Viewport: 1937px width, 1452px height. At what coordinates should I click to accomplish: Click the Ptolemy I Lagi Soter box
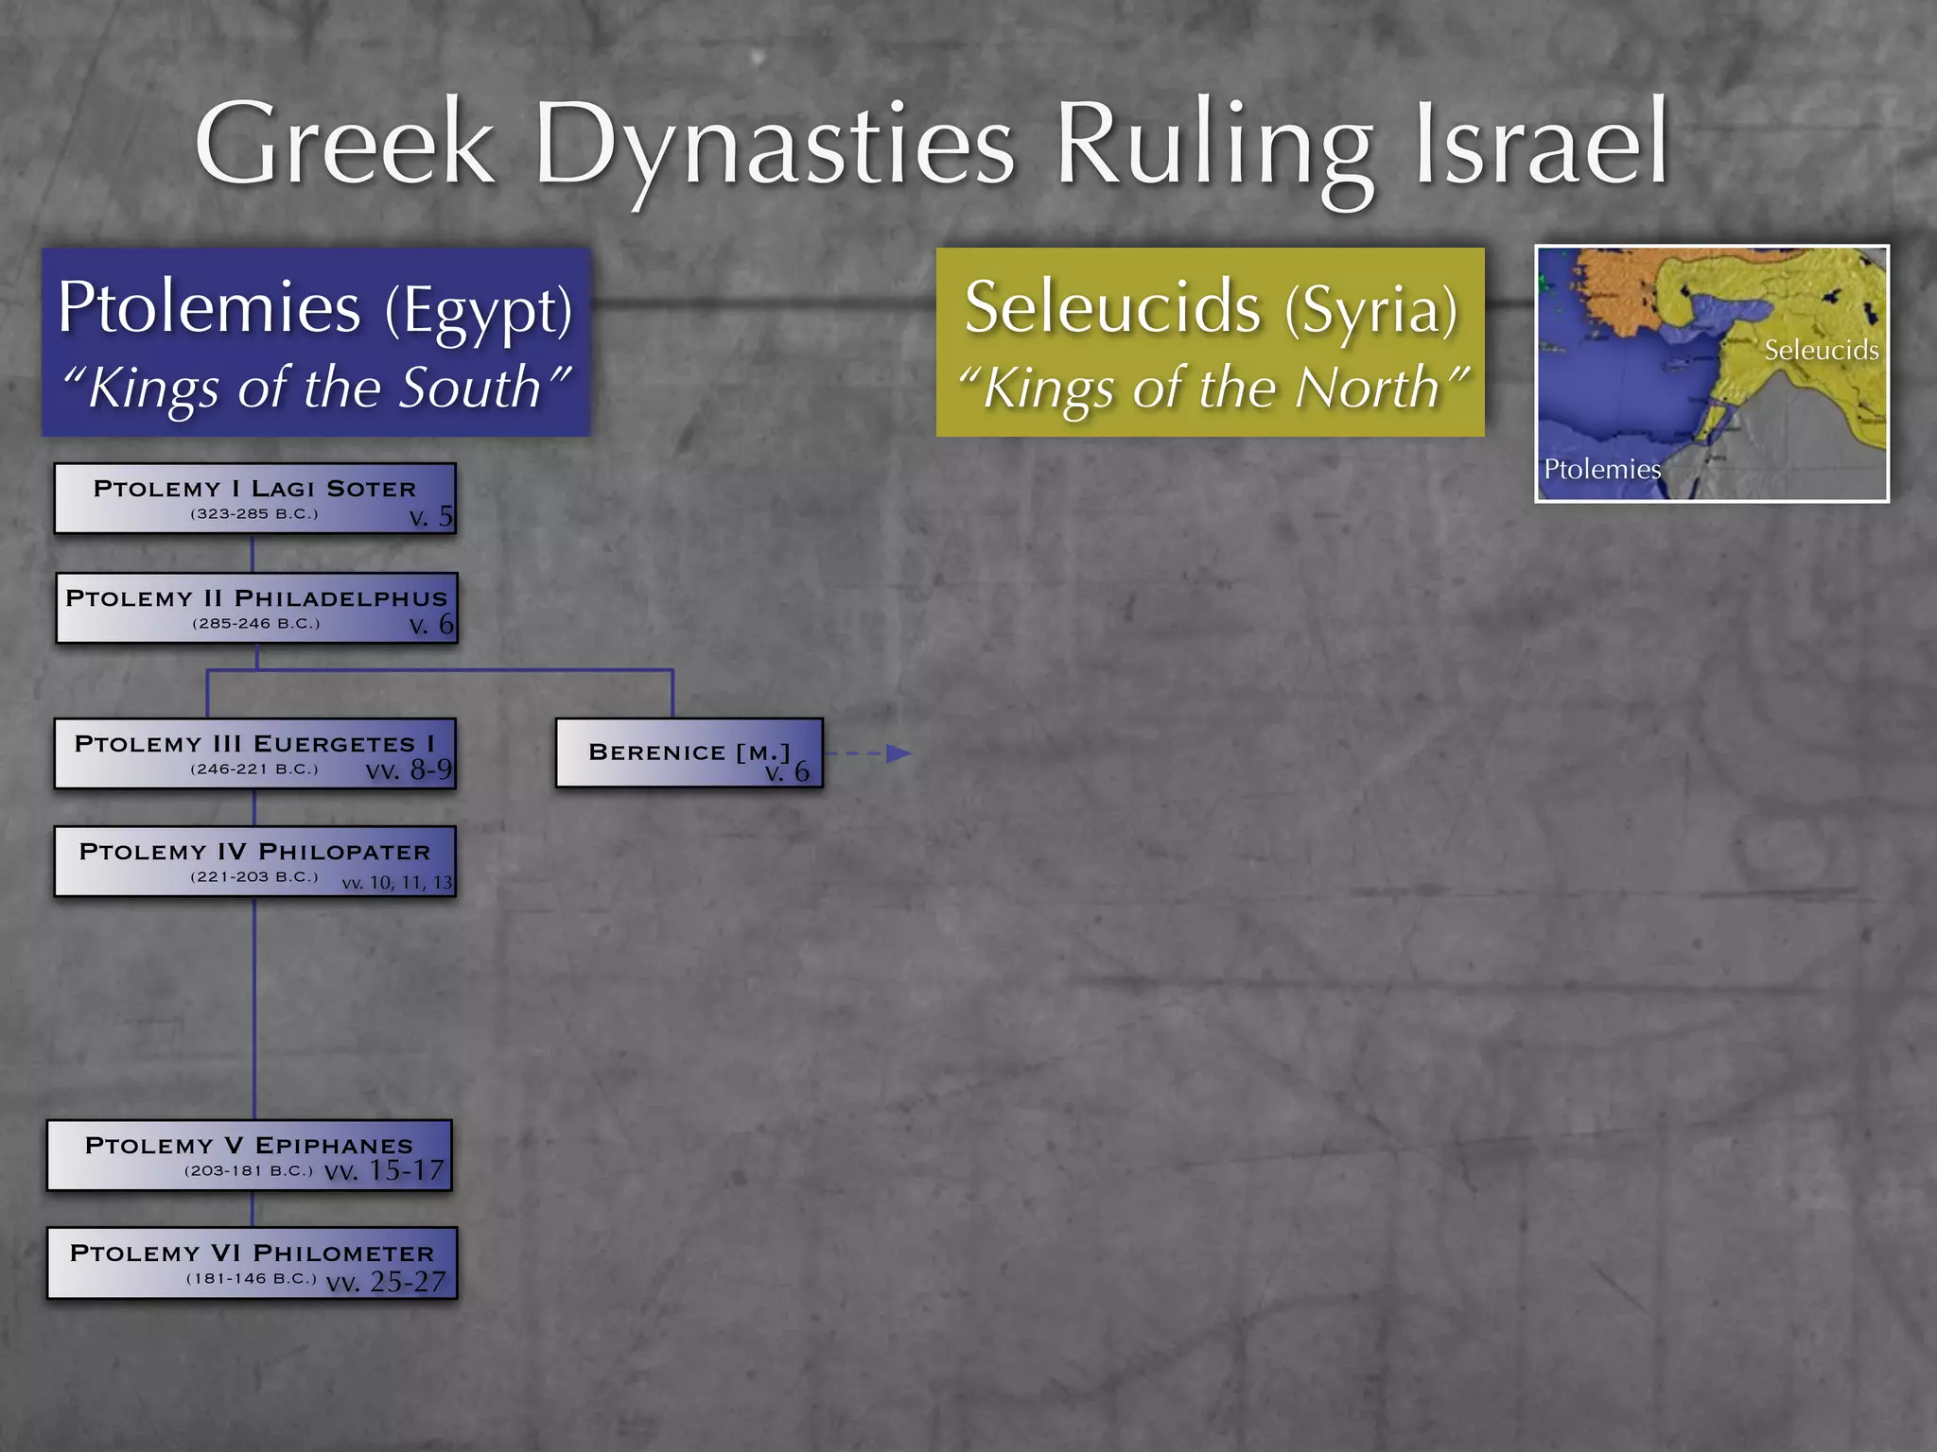pos(254,498)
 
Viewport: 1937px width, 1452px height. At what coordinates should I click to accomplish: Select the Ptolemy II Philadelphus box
pos(256,608)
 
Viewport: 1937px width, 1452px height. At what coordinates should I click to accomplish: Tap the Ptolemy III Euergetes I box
pos(254,753)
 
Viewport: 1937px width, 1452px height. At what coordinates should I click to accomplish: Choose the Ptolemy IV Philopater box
pos(254,861)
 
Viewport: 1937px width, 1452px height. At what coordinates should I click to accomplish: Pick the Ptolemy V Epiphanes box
pos(250,1155)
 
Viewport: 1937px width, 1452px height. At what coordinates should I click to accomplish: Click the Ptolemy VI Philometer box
pos(252,1263)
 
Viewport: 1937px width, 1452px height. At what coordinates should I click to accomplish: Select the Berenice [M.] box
pos(689,753)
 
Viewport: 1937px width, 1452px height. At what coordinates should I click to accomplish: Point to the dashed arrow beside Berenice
pos(868,753)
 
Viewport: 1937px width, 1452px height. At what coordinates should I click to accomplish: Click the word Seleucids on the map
pos(1821,351)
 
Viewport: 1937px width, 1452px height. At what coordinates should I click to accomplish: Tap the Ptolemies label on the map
pos(1601,469)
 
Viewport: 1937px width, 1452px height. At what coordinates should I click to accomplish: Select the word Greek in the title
pos(345,145)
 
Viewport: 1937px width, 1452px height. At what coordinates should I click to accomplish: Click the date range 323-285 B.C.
pos(254,514)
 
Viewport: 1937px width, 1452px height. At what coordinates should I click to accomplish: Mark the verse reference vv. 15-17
pos(384,1171)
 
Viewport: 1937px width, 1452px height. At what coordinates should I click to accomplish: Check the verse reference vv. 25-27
pos(386,1282)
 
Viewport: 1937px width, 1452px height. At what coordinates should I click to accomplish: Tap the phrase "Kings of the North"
pos(1212,388)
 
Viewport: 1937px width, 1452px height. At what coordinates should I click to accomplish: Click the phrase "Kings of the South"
pos(316,388)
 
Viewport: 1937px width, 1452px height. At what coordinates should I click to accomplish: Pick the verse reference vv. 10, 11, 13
pos(397,883)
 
